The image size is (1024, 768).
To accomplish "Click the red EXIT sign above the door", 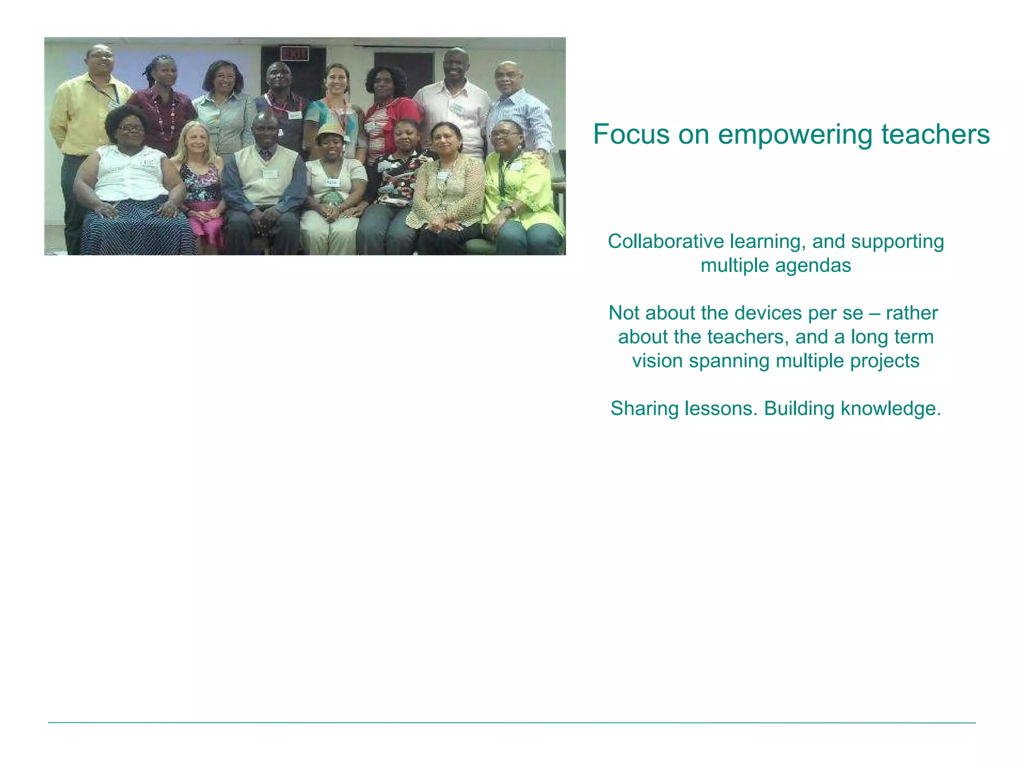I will [293, 53].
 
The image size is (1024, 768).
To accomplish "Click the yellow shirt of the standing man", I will [80, 115].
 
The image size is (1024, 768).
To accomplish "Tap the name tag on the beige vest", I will [270, 173].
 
